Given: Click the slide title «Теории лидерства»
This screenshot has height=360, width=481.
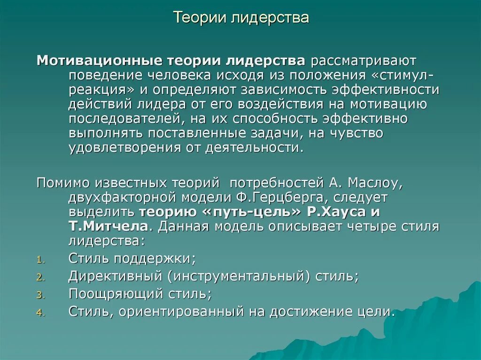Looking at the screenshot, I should [241, 18].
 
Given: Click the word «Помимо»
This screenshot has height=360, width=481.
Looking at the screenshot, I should [63, 182].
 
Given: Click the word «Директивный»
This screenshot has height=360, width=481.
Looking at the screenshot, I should [116, 276].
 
